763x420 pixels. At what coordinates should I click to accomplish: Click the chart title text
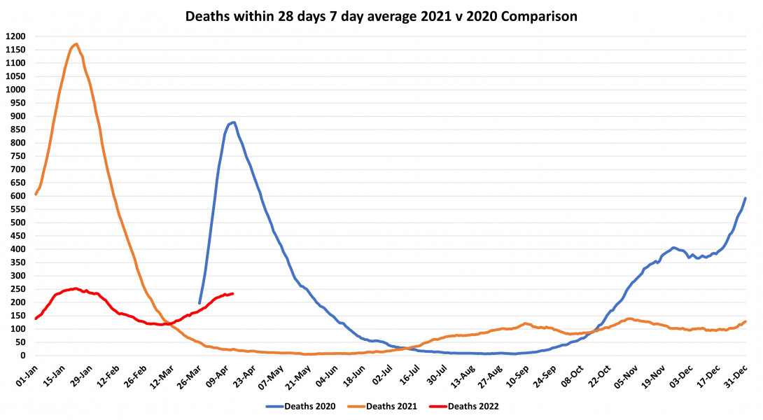click(381, 16)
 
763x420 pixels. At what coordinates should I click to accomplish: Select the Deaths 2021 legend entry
click(393, 405)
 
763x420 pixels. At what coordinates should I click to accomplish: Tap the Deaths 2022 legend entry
click(472, 405)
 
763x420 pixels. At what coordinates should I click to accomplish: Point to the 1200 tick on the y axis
click(15, 36)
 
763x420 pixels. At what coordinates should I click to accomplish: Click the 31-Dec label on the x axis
click(736, 374)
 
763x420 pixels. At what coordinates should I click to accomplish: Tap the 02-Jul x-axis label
click(381, 374)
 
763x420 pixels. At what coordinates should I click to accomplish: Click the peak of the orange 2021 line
click(76, 44)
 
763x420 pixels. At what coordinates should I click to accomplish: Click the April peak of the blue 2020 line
click(234, 122)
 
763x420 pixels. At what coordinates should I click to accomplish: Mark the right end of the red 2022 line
click(232, 293)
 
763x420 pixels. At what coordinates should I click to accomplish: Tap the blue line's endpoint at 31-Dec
click(745, 198)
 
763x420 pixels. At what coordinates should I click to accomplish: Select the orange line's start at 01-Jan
click(36, 194)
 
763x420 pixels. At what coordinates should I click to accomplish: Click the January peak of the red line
click(76, 288)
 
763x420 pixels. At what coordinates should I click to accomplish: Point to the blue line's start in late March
click(199, 303)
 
